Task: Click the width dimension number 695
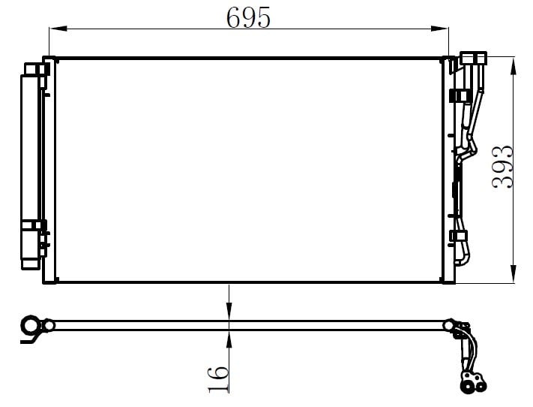[x=248, y=17]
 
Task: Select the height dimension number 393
[x=502, y=167]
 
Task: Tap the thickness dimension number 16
[x=218, y=379]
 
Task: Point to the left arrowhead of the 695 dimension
[x=58, y=29]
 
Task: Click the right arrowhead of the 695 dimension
[x=440, y=29]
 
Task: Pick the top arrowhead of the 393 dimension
[x=514, y=66]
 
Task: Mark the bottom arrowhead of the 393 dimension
[x=514, y=273]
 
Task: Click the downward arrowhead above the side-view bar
[x=229, y=312]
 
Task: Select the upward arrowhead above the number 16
[x=229, y=339]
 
